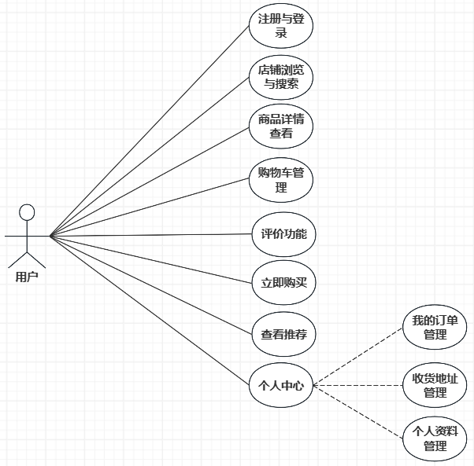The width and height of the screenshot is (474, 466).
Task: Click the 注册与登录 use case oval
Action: pos(281,26)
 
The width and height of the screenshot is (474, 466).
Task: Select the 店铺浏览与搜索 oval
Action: pos(281,76)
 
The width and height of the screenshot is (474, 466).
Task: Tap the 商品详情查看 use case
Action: pos(281,127)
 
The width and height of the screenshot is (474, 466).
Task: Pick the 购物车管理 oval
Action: pos(281,179)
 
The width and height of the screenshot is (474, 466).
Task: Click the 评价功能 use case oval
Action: pos(283,234)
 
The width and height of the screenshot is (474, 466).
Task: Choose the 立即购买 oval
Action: pos(283,284)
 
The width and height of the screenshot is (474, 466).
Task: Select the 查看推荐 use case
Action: pos(283,334)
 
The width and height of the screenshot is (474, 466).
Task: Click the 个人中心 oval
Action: pos(281,385)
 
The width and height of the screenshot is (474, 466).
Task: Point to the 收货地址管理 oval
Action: pos(435,385)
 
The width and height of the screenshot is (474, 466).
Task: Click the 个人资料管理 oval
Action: pos(435,438)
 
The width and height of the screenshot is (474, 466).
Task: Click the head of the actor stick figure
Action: pos(27,212)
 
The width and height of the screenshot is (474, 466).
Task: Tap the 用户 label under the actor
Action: pos(27,277)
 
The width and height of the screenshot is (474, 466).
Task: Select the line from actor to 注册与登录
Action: pos(150,130)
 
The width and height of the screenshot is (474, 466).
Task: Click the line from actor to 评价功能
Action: pos(150,235)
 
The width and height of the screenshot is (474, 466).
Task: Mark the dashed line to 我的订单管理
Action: pos(358,357)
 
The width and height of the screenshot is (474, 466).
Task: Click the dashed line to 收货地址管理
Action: pos(358,385)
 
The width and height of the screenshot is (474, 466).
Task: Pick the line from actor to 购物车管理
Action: pos(150,207)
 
